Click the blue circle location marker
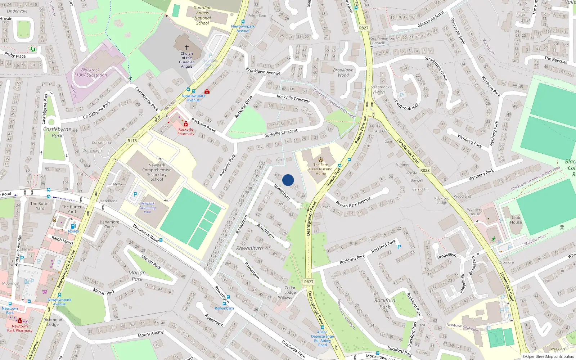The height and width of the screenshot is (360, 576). pos(288,180)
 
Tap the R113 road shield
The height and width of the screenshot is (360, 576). pos(132,141)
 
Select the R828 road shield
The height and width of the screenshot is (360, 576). pos(425,170)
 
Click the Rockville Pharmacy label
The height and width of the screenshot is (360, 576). pos(186,131)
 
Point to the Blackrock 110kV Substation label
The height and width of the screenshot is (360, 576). pos(90,73)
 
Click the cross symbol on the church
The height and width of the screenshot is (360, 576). pos(187,47)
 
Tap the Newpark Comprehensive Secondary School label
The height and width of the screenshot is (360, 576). pos(157,172)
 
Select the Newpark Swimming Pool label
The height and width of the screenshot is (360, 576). pos(148,208)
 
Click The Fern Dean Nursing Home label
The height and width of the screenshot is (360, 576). pos(321,169)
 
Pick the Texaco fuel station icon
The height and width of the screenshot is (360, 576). pos(73,226)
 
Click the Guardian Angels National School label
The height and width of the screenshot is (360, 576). pos(203,15)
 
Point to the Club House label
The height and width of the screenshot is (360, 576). pos(516,220)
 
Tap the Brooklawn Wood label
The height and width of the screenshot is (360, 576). pos(343,73)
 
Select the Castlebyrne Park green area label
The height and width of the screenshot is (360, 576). pos(57,132)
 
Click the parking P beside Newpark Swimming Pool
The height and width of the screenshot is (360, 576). pos(135,194)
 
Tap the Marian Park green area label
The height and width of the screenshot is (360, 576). pos(137,276)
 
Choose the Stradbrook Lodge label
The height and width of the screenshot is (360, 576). pos(380,89)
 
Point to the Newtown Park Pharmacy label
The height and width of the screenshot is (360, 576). pos(20,328)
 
